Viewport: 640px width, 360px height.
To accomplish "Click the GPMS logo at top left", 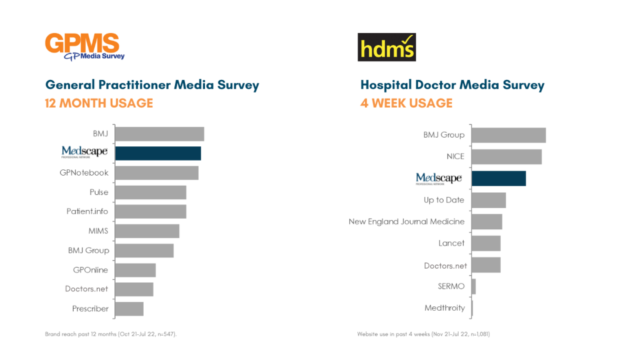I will click(x=84, y=46).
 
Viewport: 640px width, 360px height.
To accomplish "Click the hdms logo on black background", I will click(x=386, y=47).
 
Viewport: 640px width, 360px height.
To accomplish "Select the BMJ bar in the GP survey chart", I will click(x=160, y=134).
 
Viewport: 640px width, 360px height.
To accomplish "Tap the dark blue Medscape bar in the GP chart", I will click(x=158, y=153).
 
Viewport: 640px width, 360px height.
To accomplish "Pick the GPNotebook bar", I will click(x=157, y=172).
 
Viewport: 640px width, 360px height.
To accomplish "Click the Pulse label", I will click(x=99, y=192).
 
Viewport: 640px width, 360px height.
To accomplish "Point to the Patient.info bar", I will click(x=151, y=211).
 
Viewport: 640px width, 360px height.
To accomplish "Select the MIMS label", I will click(x=98, y=231).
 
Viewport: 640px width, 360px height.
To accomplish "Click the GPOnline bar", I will click(x=136, y=270).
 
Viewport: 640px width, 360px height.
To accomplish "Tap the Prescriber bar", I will click(x=129, y=309).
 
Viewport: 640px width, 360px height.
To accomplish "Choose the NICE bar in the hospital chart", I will click(x=506, y=156).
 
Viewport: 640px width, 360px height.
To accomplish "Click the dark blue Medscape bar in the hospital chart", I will click(x=498, y=178).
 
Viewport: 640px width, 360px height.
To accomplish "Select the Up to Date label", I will click(x=444, y=200).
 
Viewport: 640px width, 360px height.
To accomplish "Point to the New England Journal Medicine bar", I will click(x=487, y=221).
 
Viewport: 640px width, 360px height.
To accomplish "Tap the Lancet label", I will click(x=451, y=243).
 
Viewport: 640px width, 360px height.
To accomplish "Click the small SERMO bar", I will click(x=474, y=286).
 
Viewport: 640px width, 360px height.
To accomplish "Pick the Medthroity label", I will click(x=444, y=308).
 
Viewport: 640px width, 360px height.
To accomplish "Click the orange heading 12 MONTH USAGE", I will click(x=99, y=103).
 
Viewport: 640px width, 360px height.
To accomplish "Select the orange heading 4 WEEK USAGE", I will click(x=406, y=103).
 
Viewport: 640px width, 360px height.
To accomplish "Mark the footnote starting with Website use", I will click(x=423, y=334).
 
